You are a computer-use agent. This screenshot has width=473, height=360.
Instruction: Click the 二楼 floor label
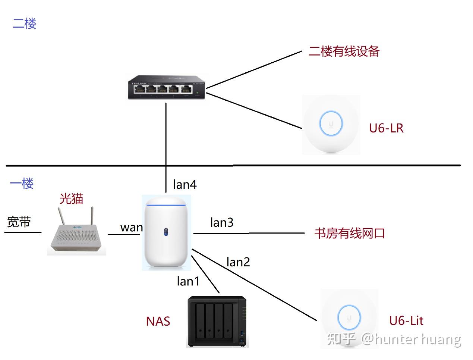[x=24, y=24]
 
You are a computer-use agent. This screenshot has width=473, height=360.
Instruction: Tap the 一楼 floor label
[x=22, y=183]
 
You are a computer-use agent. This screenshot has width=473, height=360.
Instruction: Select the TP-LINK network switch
[x=167, y=87]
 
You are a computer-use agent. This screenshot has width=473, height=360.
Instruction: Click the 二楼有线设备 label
[x=344, y=51]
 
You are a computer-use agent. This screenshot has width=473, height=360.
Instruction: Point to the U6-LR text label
[x=386, y=128]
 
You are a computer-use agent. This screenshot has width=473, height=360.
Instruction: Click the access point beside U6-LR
[x=331, y=125]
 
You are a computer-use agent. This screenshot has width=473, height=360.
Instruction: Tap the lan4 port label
[x=185, y=184]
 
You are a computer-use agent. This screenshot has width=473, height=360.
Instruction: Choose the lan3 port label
[x=221, y=222]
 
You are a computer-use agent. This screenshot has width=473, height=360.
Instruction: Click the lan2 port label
[x=238, y=262]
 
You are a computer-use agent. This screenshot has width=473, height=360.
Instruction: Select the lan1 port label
[x=188, y=281]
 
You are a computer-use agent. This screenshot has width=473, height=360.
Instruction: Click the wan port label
[x=131, y=227]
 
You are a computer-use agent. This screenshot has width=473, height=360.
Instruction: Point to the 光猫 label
[x=71, y=198]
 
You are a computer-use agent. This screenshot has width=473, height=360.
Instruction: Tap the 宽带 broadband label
[x=19, y=222]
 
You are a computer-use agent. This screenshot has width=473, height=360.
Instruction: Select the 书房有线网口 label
[x=349, y=234]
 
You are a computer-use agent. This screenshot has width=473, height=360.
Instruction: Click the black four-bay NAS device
[x=217, y=321]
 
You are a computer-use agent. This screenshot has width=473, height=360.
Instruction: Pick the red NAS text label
[x=158, y=321]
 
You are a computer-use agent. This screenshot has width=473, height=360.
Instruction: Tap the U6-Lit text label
[x=406, y=320]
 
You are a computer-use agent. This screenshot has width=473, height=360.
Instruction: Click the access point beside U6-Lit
[x=349, y=318]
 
